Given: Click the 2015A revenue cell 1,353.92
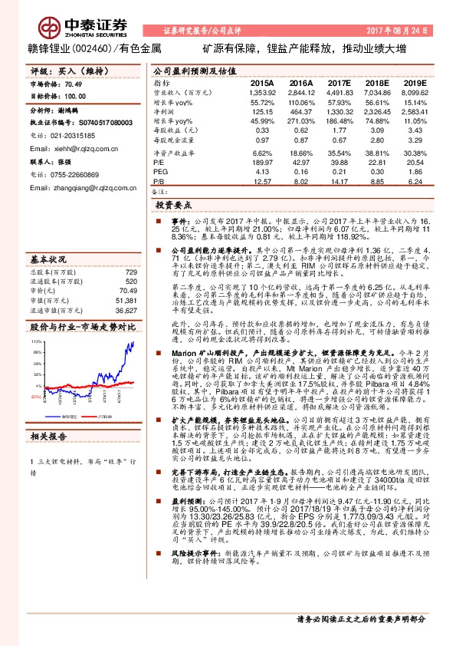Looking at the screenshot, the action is coord(262,92).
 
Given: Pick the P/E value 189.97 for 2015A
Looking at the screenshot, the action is coord(263,163).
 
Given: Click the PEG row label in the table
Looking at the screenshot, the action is coord(160,173).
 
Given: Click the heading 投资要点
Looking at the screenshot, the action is coord(172,206).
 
